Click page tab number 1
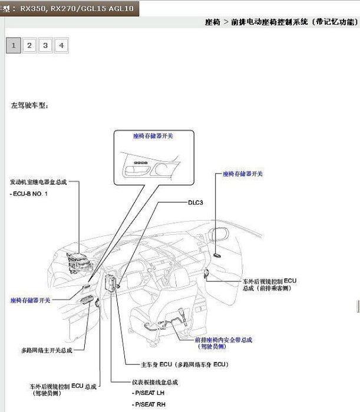coord(13,45)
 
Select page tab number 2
coord(29,45)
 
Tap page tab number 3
coord(45,45)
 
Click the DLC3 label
coord(196,202)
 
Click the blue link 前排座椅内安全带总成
coord(223,340)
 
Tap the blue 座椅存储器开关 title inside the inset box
coord(153,135)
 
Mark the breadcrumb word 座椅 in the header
coord(213,22)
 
